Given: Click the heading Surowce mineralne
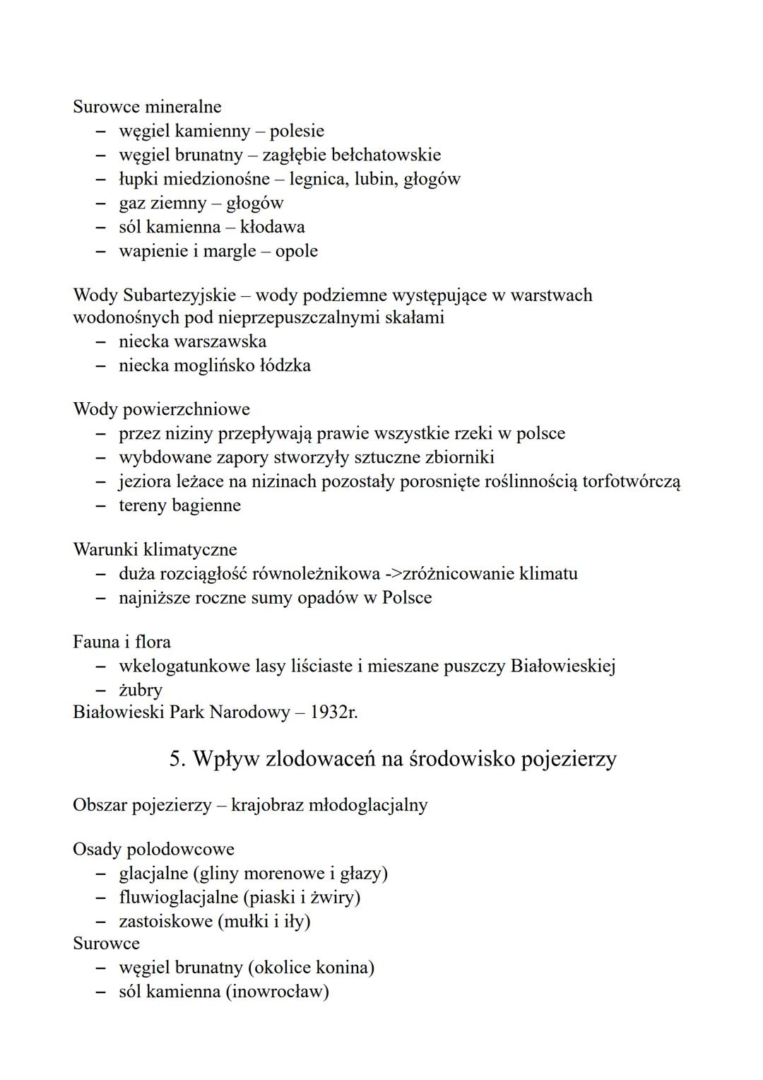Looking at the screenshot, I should pyautogui.click(x=147, y=107).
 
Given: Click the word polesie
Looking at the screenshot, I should pyautogui.click(x=297, y=131).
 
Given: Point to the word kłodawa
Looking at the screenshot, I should pyautogui.click(x=273, y=227).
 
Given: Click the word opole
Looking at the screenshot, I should pyautogui.click(x=297, y=251).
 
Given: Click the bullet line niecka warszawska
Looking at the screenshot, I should pyautogui.click(x=192, y=341).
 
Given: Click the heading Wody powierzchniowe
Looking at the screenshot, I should pyautogui.click(x=161, y=409).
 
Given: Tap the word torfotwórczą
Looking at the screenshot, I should pyautogui.click(x=631, y=482).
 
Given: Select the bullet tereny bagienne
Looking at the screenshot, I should pyautogui.click(x=179, y=505).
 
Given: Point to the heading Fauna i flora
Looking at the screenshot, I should pyautogui.click(x=122, y=642).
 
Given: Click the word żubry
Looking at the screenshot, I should pyautogui.click(x=141, y=690).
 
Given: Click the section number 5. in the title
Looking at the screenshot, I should pyautogui.click(x=177, y=758).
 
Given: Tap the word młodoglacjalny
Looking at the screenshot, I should pyautogui.click(x=367, y=805).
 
